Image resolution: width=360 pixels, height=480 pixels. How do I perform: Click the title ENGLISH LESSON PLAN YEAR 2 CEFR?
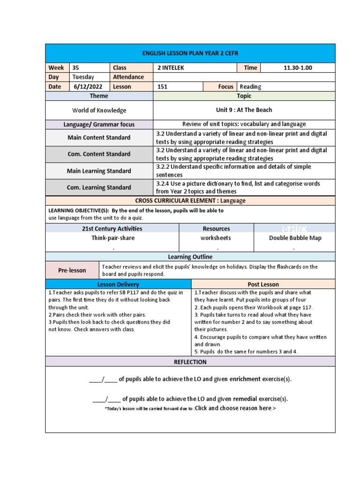click(x=190, y=53)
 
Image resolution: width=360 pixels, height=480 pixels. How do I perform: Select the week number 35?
click(x=76, y=67)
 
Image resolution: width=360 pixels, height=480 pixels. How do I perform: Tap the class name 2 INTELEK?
click(x=171, y=67)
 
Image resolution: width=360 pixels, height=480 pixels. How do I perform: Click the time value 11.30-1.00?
click(x=298, y=67)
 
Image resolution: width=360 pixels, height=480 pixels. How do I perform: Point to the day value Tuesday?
click(x=83, y=77)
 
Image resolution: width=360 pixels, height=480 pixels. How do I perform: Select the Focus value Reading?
click(x=250, y=86)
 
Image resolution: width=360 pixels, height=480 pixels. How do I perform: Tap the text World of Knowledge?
click(x=99, y=110)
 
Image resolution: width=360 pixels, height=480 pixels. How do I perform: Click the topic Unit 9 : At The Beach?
click(x=244, y=110)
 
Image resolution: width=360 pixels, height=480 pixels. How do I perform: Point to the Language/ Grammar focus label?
click(x=99, y=124)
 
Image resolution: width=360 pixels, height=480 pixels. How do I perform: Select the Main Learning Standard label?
click(x=99, y=171)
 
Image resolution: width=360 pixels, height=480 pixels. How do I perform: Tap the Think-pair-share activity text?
click(x=112, y=238)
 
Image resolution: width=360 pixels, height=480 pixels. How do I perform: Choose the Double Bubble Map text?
click(x=294, y=238)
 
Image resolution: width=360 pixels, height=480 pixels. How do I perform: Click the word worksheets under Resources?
click(x=216, y=238)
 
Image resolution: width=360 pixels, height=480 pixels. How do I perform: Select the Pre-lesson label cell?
click(x=72, y=270)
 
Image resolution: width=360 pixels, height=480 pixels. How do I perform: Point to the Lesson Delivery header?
click(x=118, y=284)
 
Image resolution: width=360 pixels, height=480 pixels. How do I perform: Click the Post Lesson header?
click(x=263, y=284)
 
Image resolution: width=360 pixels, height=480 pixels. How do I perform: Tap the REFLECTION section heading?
click(x=190, y=362)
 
